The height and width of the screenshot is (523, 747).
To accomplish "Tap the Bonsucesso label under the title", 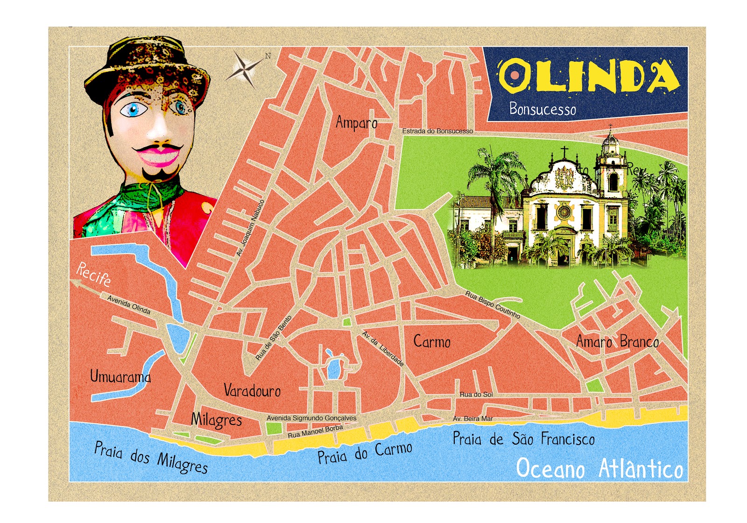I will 543,109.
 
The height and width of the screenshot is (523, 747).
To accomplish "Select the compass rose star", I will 244,69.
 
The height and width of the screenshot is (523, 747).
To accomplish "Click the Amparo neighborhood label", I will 356,123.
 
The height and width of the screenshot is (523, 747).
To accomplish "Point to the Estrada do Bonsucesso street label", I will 437,131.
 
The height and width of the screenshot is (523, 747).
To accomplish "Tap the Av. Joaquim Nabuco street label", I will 251,228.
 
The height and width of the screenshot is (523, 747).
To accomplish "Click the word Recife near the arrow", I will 94,275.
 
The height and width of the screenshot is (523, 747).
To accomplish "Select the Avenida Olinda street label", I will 129,304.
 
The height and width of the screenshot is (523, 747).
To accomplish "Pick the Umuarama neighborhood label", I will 120,376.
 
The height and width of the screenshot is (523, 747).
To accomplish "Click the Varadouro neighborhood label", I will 252,390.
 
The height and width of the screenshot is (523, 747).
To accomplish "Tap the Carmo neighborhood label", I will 432,342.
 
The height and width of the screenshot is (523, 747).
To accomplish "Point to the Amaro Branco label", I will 617,342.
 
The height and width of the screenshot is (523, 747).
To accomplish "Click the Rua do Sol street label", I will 476,395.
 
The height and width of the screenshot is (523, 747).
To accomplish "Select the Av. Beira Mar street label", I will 472,419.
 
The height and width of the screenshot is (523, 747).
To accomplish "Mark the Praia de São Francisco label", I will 523,439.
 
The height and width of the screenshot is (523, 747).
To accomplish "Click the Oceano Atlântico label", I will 599,468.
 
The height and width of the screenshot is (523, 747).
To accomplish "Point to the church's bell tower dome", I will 610,139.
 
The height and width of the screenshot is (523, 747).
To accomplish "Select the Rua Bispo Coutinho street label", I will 492,305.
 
